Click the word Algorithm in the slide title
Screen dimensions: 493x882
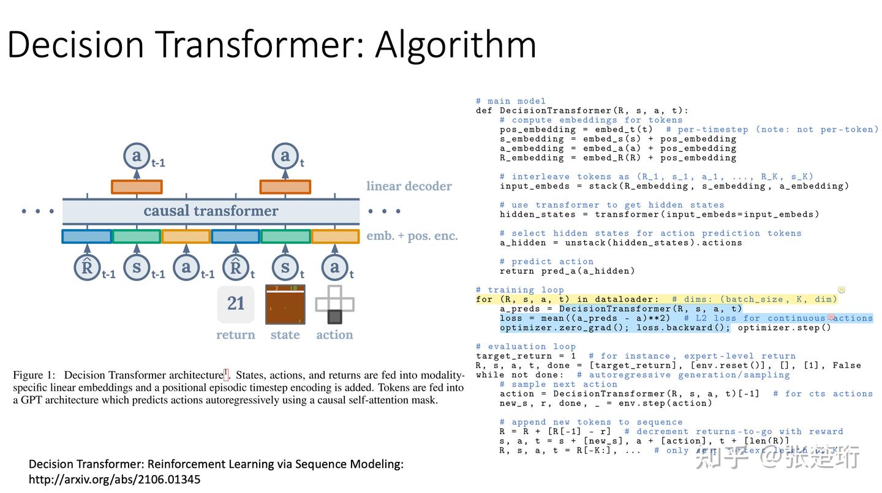point(456,45)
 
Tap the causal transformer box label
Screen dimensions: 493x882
point(211,211)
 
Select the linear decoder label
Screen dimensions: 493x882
point(409,186)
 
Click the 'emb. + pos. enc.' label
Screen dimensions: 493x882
point(412,236)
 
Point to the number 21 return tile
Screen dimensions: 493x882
point(236,304)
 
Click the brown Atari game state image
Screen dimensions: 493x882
point(285,304)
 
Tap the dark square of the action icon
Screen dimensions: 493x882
point(334,317)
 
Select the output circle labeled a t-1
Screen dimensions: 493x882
point(136,156)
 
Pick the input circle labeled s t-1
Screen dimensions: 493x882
point(137,267)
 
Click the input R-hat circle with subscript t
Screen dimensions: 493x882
point(236,267)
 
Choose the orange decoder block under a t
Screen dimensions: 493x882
point(285,187)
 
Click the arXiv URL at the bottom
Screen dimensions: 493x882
point(115,479)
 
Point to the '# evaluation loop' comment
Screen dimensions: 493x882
point(526,347)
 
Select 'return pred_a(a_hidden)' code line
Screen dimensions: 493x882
point(567,271)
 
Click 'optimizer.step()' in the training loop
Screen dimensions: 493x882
point(784,328)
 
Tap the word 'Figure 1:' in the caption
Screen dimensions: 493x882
point(36,375)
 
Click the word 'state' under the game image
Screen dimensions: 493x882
point(285,335)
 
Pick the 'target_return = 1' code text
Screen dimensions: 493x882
point(526,356)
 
